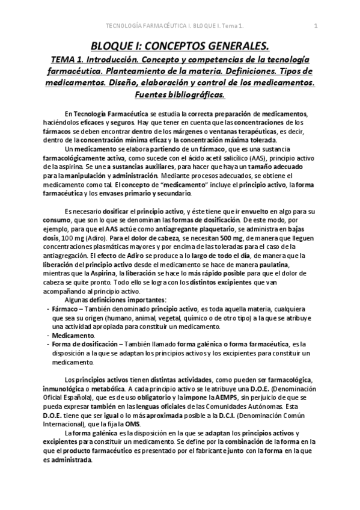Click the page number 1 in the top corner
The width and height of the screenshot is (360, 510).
click(x=316, y=26)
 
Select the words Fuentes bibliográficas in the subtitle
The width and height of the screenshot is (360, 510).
click(x=180, y=95)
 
